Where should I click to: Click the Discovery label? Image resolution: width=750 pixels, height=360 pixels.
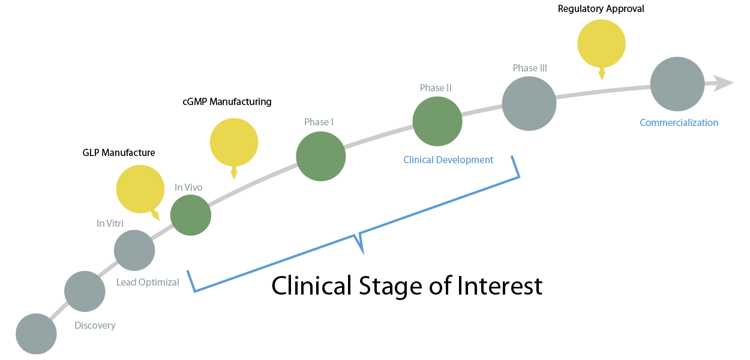click(x=95, y=326)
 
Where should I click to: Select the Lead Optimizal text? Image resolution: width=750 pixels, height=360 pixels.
click(x=148, y=282)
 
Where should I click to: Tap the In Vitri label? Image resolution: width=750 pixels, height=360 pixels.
click(x=110, y=223)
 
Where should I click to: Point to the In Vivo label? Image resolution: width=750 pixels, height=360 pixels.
click(x=188, y=187)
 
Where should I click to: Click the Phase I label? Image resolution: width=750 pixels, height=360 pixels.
click(x=319, y=122)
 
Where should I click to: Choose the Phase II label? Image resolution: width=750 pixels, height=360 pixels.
click(x=436, y=88)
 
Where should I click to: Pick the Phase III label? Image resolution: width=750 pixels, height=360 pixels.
click(x=530, y=68)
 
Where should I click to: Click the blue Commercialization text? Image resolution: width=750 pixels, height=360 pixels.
click(x=679, y=123)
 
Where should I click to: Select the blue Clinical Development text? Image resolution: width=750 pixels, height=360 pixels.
click(x=448, y=160)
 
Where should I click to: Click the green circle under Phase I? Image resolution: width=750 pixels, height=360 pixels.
click(x=321, y=157)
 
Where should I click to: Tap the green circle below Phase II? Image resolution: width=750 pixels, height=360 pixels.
click(x=437, y=122)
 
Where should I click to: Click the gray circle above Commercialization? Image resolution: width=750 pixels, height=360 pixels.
click(x=677, y=84)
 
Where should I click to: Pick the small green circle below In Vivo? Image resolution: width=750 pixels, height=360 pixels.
click(x=191, y=215)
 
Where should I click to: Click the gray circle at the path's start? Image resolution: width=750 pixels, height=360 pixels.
click(x=36, y=334)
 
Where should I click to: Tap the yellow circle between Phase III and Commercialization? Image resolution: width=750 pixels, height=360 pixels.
click(x=601, y=43)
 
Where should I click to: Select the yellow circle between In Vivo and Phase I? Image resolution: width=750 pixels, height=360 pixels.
click(x=234, y=142)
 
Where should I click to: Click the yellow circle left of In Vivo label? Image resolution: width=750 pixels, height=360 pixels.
click(x=140, y=189)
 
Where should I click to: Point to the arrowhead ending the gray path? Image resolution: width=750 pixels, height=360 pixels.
click(x=724, y=83)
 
